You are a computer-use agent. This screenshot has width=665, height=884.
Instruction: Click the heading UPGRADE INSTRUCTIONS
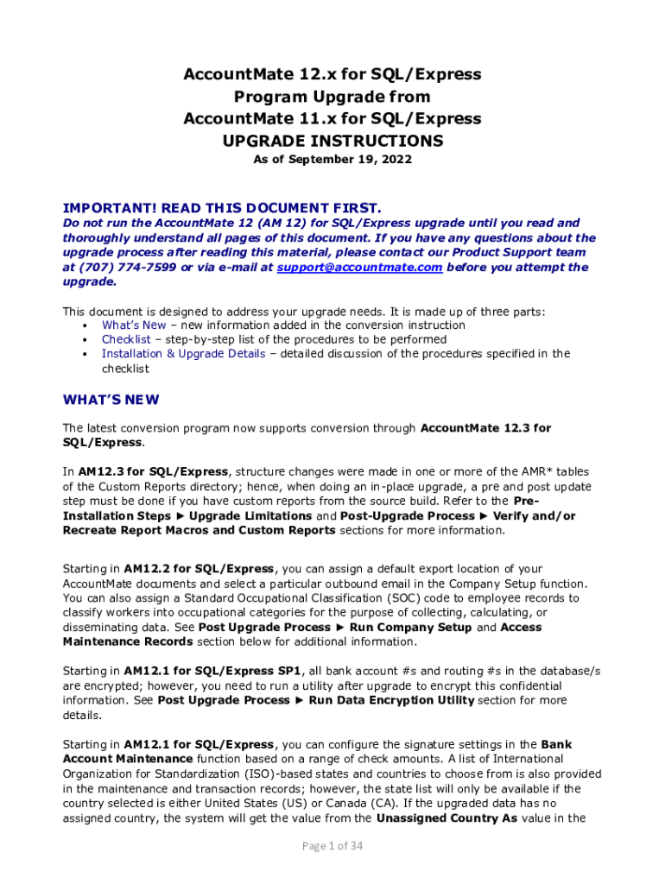[332, 140]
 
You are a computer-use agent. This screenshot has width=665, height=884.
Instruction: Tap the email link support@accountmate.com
[359, 268]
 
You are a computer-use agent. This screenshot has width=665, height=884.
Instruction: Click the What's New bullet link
[134, 325]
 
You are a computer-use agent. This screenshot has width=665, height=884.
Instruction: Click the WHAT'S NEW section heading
[111, 400]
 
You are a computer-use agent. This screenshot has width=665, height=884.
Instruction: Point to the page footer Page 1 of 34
[332, 846]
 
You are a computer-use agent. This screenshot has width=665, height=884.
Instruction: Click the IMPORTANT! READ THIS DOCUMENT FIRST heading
[222, 208]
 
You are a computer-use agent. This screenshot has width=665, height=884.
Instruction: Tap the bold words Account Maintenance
[128, 759]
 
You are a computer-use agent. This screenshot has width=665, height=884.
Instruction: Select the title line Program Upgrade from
[332, 97]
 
